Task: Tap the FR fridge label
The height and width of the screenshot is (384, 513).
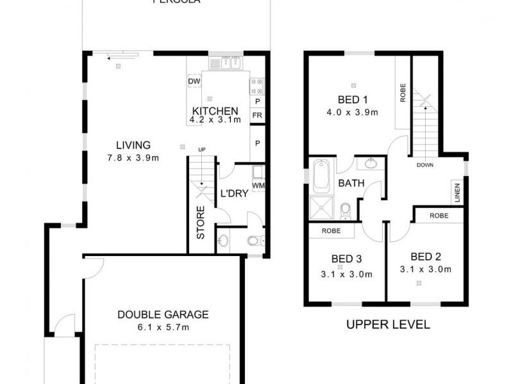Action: [256, 115]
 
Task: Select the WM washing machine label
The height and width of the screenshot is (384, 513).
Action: [258, 186]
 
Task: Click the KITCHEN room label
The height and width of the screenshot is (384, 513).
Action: [215, 110]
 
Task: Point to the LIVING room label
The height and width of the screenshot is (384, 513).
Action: [133, 145]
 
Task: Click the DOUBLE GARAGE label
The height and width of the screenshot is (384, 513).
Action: [163, 314]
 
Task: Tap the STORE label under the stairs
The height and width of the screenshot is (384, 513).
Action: [201, 223]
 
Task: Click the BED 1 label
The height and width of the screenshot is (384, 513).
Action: [353, 99]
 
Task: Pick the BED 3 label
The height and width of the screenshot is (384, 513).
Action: [347, 259]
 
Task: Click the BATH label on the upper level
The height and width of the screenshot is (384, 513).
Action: [351, 183]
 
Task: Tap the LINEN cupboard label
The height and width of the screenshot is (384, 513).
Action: [457, 193]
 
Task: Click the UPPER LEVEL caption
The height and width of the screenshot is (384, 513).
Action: [388, 324]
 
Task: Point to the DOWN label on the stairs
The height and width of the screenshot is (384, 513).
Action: [425, 164]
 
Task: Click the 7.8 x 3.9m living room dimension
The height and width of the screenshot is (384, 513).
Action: [133, 157]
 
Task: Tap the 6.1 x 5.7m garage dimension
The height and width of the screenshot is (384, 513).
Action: [163, 327]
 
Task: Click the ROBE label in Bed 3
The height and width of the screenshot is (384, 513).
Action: [331, 230]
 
